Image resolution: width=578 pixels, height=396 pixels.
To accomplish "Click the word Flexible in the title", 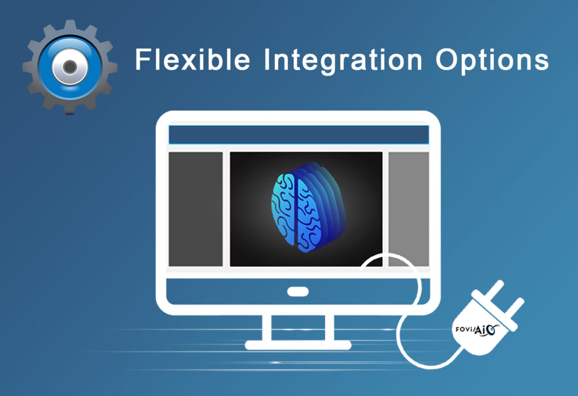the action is click(x=193, y=59).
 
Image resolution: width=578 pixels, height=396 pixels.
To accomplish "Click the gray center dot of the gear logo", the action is click(x=69, y=67).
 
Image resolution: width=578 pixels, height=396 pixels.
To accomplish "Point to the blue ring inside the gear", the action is click(x=44, y=67).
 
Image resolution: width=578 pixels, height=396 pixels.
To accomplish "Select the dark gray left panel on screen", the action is click(x=195, y=209).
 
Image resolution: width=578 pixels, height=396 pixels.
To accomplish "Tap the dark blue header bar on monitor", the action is click(x=299, y=135).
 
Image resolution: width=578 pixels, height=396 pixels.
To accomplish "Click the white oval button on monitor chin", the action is click(x=298, y=292).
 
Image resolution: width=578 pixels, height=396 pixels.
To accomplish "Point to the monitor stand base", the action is click(x=298, y=345).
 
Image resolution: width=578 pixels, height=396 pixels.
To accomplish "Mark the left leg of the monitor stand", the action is click(x=266, y=328).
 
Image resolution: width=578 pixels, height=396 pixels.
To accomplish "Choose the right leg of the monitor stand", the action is click(x=330, y=328).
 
